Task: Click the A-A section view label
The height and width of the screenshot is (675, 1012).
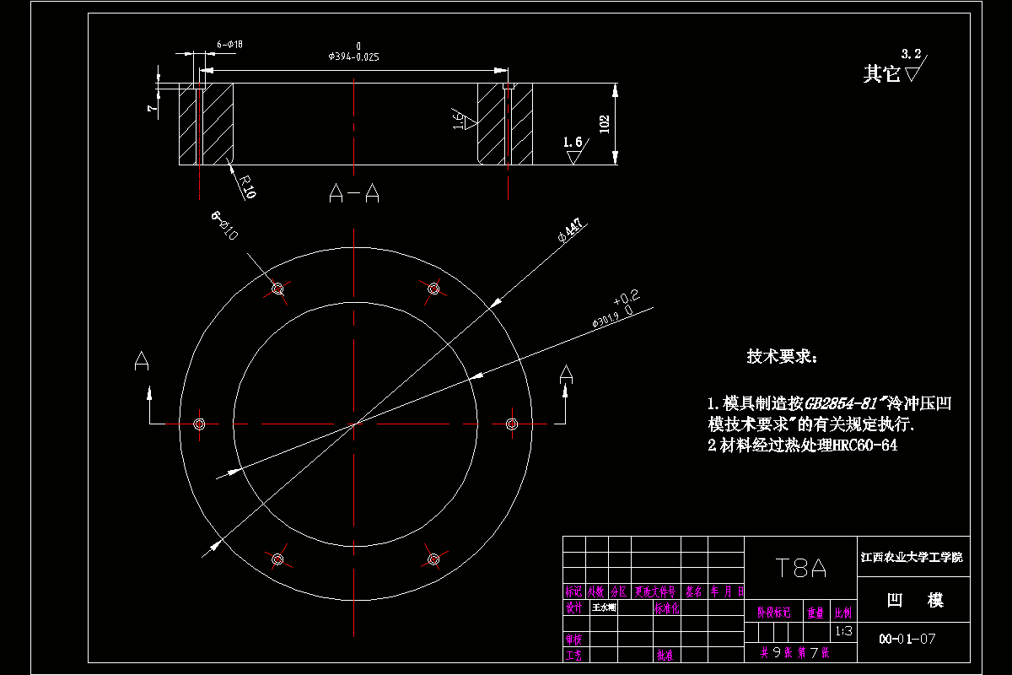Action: click(x=353, y=195)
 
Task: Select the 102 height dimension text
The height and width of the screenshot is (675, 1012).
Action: click(x=604, y=124)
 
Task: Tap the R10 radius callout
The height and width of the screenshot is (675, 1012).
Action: click(x=246, y=186)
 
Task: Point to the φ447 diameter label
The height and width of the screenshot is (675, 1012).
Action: click(x=571, y=230)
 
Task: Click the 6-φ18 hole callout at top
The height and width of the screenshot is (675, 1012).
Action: click(x=230, y=43)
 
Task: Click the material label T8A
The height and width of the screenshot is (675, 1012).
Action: click(x=800, y=568)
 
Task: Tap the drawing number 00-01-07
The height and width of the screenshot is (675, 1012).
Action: click(x=907, y=639)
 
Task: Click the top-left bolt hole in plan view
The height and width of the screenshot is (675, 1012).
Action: click(x=277, y=289)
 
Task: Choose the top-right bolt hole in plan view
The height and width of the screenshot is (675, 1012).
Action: click(x=433, y=289)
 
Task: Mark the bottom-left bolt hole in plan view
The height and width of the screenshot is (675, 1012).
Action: click(x=277, y=559)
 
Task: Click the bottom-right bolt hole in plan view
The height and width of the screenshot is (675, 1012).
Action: click(x=433, y=559)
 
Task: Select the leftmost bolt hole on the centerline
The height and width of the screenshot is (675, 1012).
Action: click(x=200, y=424)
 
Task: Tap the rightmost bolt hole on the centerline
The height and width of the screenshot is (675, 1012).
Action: click(x=511, y=424)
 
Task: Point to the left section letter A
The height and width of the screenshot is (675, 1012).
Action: click(x=142, y=362)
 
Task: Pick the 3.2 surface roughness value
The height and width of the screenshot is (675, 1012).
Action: click(x=911, y=54)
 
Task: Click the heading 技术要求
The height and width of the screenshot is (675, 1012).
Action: click(x=782, y=357)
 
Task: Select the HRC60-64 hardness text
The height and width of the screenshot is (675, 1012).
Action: click(x=864, y=445)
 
